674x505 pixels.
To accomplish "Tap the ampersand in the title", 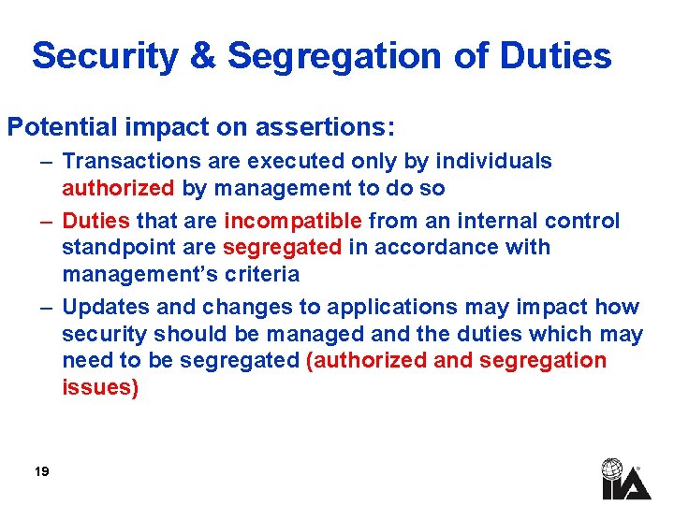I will (202, 56).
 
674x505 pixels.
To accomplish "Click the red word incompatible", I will (293, 222).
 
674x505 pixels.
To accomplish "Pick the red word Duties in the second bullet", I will (96, 222).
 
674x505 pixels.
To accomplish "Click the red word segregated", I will (282, 248).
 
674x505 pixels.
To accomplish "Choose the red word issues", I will (100, 388).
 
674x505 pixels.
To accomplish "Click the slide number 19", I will (41, 472).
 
